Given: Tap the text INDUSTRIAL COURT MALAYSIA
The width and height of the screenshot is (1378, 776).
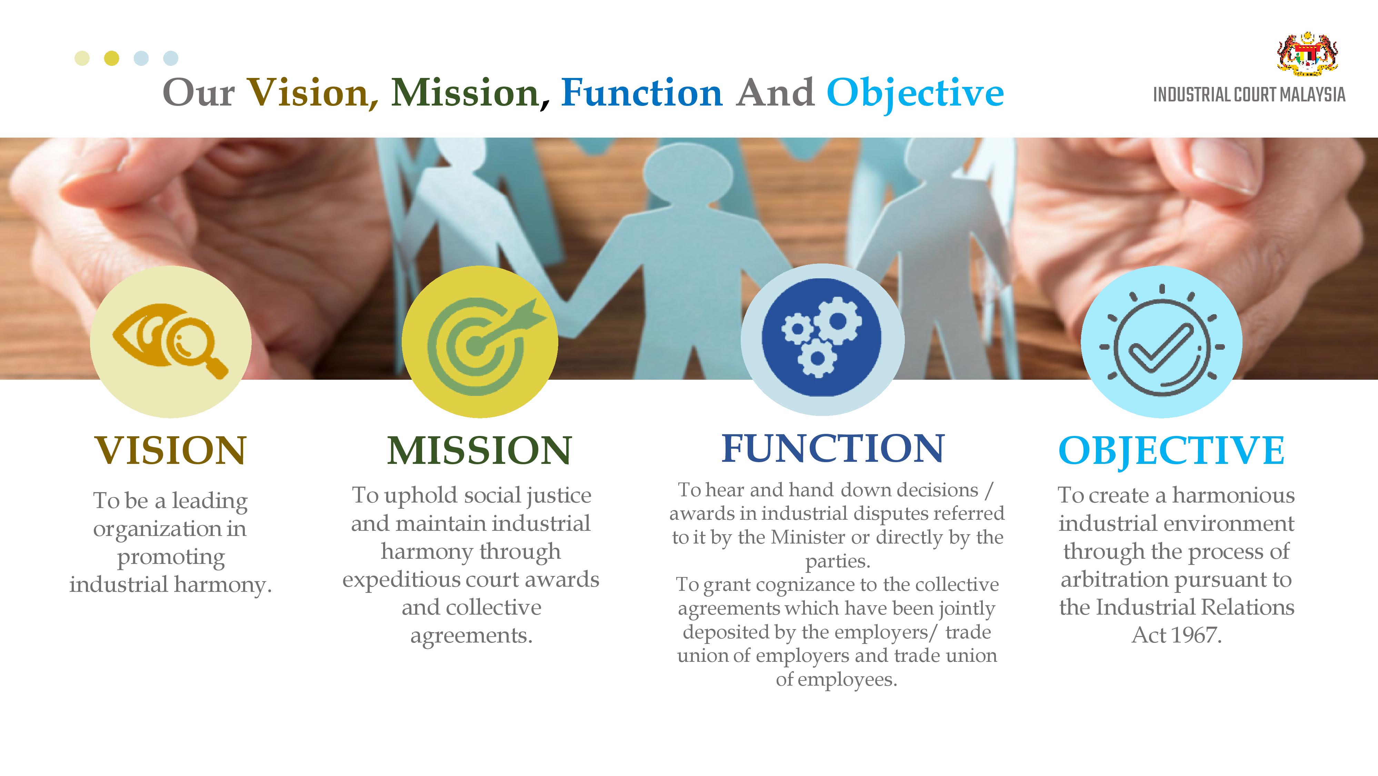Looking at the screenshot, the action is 1249,95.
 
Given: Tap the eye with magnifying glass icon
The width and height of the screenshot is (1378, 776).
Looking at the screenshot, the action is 170,341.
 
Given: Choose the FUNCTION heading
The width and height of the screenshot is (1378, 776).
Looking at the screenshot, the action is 833,448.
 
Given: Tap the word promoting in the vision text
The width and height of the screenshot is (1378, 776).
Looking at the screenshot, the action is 171,558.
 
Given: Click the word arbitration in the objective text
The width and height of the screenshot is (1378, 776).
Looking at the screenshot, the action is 1115,579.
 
